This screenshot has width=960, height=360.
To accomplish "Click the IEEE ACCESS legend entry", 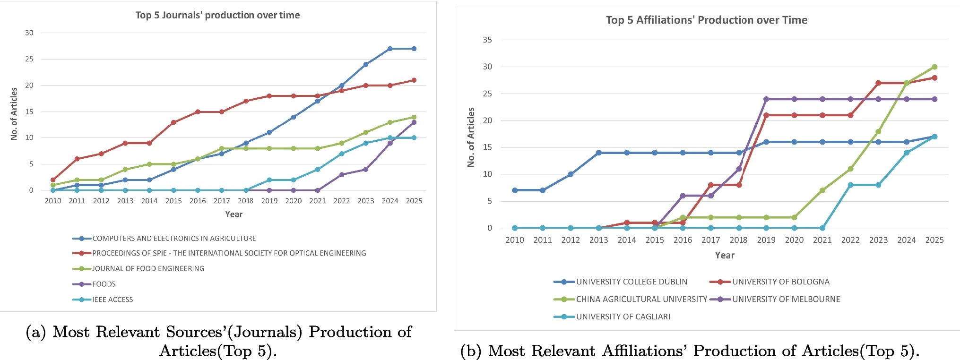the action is [x=103, y=300].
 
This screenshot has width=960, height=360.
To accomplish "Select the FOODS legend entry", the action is [x=94, y=284].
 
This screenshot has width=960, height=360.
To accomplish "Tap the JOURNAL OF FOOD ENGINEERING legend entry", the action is [x=138, y=268].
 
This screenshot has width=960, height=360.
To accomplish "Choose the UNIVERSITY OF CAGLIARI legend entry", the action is [x=612, y=317].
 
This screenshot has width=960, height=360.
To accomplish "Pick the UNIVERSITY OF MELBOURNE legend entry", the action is [x=775, y=299].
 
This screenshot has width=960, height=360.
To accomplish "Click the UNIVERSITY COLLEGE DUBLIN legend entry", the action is [x=621, y=282].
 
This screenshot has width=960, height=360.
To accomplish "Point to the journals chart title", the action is [x=218, y=15].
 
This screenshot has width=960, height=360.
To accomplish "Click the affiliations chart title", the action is [x=707, y=20].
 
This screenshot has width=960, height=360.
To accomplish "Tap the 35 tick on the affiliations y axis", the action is [x=487, y=40].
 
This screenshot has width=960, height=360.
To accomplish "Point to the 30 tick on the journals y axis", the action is [x=29, y=33].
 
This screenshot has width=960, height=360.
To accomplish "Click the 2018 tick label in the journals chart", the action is [x=246, y=201].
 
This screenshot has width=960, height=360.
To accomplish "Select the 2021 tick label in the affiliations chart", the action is [x=822, y=240].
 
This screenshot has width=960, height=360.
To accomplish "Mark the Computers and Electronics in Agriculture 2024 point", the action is [x=390, y=49].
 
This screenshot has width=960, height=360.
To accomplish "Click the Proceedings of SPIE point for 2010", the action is [x=53, y=180].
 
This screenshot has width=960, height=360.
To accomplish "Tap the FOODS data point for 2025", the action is [x=414, y=122].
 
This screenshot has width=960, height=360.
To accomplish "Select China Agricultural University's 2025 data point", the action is [x=934, y=67].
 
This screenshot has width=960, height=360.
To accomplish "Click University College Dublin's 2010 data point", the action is [x=515, y=190].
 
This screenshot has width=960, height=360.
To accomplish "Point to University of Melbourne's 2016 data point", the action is [x=683, y=196].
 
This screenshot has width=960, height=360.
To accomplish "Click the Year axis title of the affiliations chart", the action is [x=725, y=255].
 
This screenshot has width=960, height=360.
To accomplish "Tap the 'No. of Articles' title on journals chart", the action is [x=14, y=114].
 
